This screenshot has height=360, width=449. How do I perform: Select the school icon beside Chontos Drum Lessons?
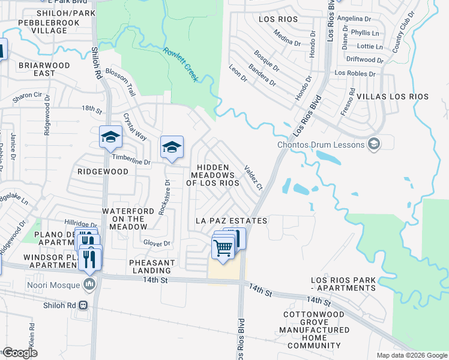(374, 143)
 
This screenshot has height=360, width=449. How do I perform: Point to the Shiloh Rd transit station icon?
(83, 304)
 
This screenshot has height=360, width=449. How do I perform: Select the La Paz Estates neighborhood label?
(232, 221)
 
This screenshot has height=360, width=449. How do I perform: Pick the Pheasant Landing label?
(152, 267)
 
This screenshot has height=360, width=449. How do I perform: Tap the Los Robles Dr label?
(355, 74)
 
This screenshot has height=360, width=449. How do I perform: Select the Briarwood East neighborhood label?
(28, 68)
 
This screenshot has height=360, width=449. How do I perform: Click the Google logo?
(20, 353)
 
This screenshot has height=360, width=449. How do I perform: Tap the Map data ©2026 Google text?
(411, 355)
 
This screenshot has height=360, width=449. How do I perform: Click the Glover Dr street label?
(157, 243)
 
